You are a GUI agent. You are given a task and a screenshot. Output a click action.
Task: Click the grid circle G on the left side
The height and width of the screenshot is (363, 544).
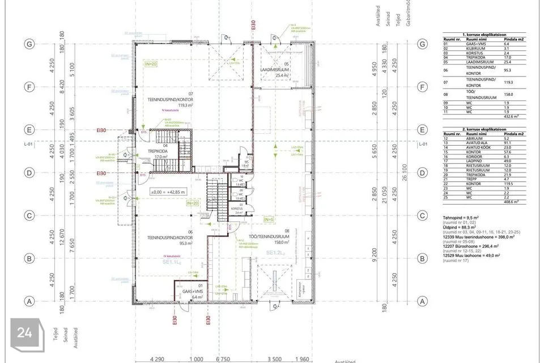(27, 44)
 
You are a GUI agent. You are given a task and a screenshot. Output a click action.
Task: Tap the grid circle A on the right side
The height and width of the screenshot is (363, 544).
(422, 301)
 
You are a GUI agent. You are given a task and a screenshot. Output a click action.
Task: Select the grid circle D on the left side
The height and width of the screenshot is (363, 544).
(27, 172)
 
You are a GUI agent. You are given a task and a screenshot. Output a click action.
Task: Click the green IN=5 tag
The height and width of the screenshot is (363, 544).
(269, 219)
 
